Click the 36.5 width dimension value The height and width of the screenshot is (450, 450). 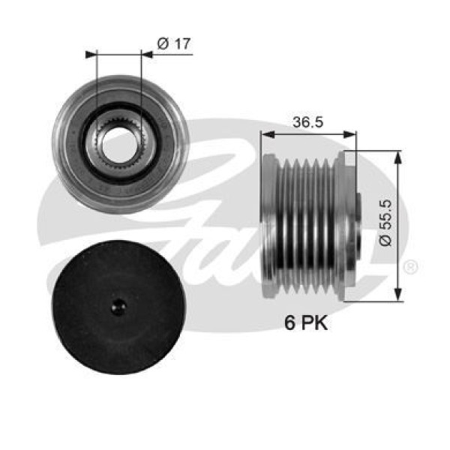[307, 123]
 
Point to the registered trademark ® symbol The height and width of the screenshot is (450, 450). [411, 267]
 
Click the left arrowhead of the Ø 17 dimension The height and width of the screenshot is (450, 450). [91, 54]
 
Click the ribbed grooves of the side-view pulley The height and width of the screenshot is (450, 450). [307, 225]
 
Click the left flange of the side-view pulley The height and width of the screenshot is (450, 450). [267, 225]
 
